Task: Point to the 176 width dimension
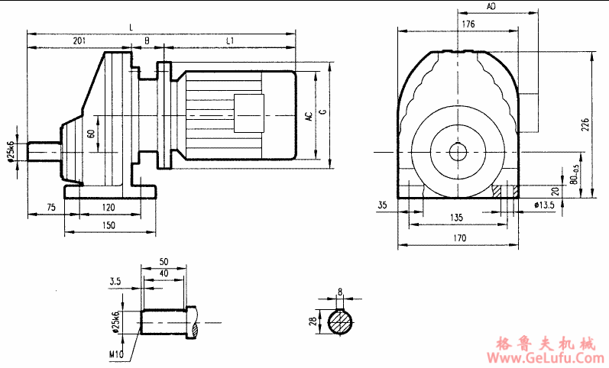coord(468,24)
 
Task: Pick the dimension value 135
coord(456,218)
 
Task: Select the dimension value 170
coord(458,238)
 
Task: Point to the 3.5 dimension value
coord(116,281)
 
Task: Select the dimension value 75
coord(50,208)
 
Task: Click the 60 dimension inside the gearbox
coord(92,134)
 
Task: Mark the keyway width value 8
coord(341,291)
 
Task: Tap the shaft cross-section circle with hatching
coord(341,323)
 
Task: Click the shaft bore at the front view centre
coord(458,151)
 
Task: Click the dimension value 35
coord(383,205)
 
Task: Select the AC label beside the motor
coord(309,116)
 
